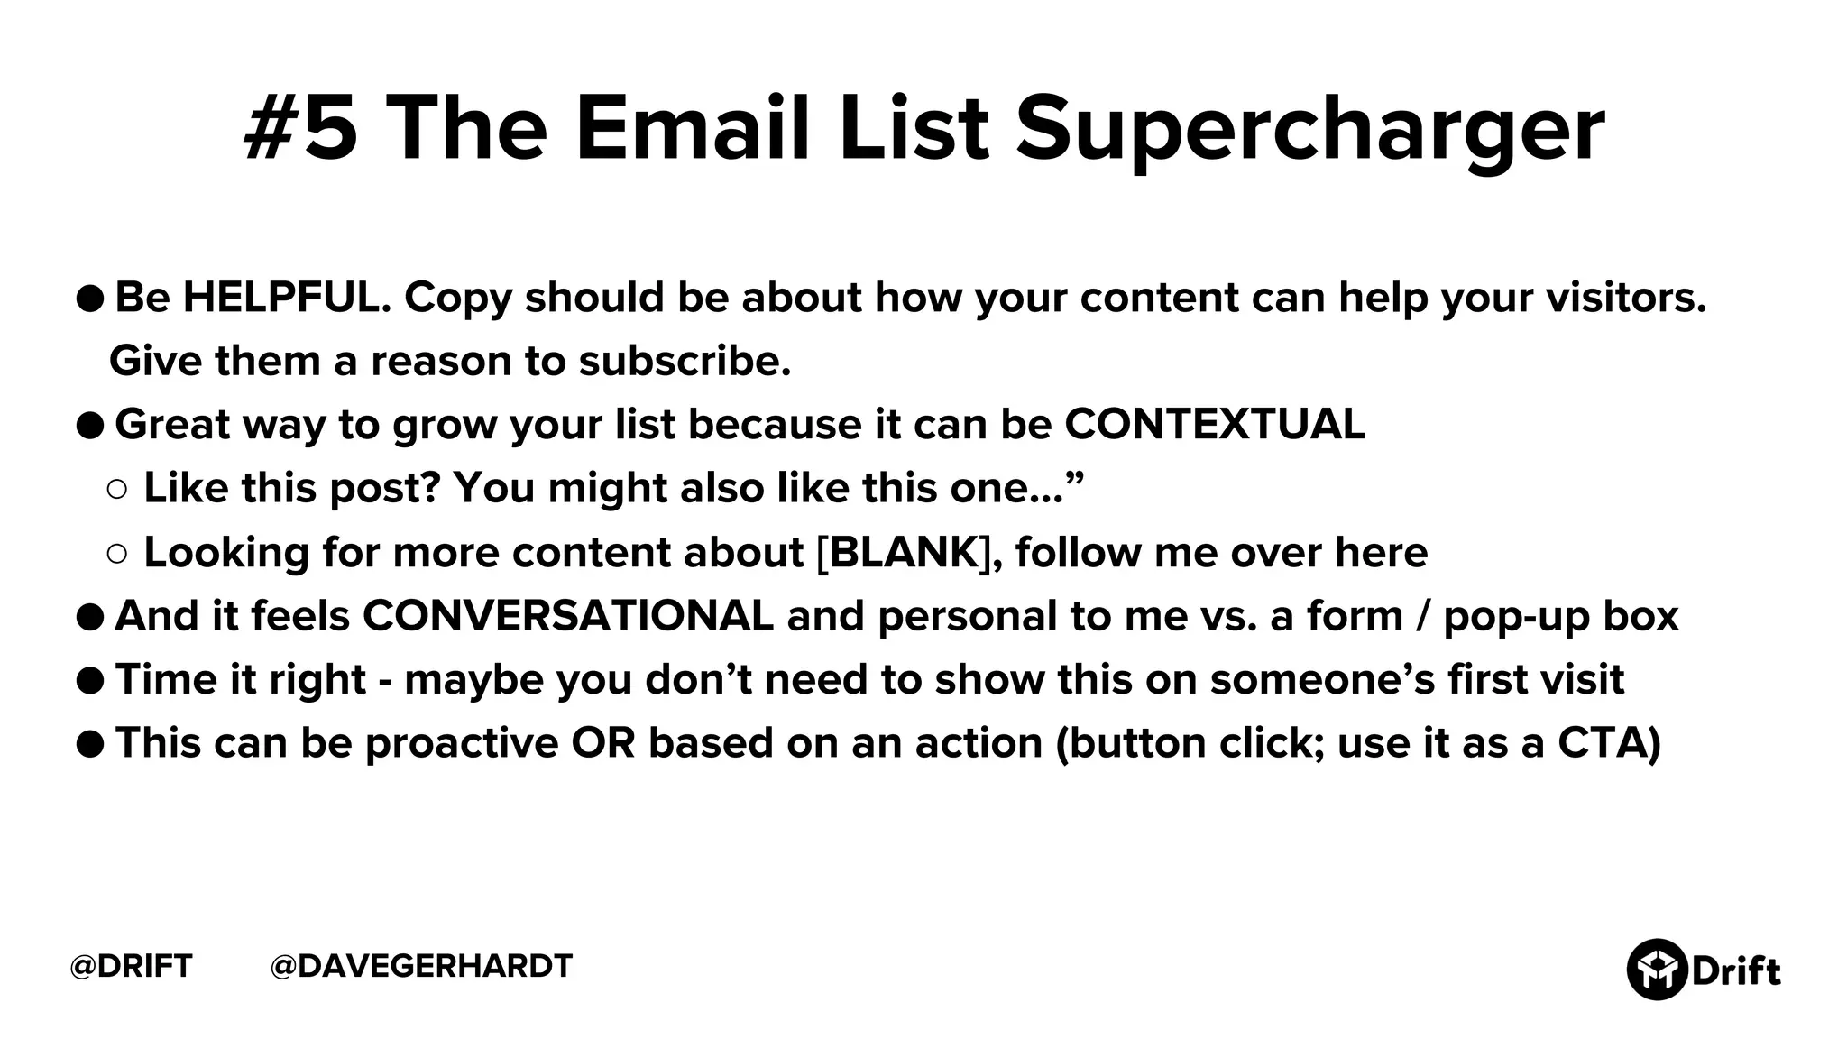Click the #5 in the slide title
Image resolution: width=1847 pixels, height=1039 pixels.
(301, 128)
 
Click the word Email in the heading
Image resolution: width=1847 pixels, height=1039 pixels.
(693, 128)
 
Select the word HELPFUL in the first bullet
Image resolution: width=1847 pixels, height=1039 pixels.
(285, 298)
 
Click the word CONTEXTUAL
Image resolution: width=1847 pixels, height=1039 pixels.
(1214, 424)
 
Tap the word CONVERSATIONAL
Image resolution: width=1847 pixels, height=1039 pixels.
(568, 616)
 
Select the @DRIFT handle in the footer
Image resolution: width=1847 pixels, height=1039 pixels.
(132, 966)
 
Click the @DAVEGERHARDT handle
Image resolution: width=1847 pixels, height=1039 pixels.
(421, 966)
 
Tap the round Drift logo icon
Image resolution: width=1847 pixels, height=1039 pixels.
(1656, 970)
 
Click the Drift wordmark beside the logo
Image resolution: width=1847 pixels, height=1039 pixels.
(1735, 971)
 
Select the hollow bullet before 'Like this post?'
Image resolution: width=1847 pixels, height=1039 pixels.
(117, 490)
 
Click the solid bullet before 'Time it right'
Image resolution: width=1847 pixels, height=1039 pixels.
(90, 681)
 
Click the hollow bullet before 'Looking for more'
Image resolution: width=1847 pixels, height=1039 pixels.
(117, 554)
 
